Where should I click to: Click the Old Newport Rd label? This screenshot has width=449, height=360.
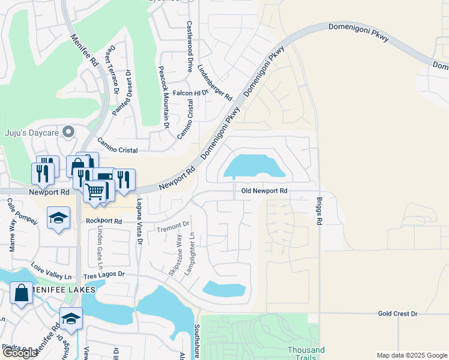[264, 191]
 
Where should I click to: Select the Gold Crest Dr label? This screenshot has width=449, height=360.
[397, 314]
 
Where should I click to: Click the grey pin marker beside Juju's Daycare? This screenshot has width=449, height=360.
[69, 131]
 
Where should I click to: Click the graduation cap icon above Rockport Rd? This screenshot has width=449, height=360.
[58, 218]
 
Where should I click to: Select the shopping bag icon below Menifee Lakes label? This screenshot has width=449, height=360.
[22, 293]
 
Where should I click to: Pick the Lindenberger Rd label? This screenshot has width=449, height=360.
[214, 82]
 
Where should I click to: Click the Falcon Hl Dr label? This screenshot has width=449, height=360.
[190, 93]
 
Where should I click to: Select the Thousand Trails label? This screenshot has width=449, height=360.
[306, 353]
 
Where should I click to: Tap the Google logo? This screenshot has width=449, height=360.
[19, 353]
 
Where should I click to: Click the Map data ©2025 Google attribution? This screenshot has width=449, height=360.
[411, 355]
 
